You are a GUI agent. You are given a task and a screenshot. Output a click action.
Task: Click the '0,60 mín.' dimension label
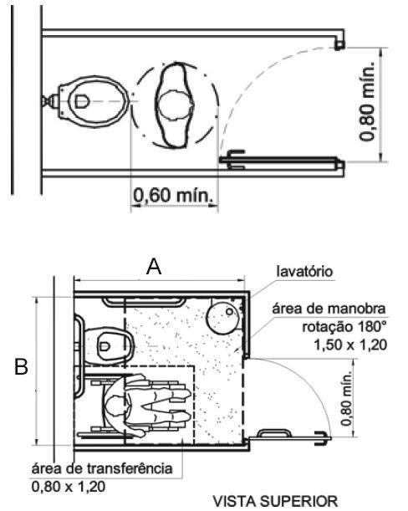[175, 195]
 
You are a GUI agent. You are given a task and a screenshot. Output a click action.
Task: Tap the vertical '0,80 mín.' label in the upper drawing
[367, 100]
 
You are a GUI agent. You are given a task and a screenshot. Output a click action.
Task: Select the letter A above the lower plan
[154, 267]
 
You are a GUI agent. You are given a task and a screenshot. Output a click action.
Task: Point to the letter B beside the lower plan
[22, 366]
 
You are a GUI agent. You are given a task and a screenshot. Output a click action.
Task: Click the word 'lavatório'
[304, 271]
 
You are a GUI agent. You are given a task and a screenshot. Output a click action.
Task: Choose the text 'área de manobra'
[329, 309]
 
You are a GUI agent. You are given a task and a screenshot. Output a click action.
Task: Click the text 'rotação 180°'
[344, 326]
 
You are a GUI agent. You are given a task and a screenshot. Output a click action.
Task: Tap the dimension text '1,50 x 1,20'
[350, 345]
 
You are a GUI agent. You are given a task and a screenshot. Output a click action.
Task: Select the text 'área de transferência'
[102, 468]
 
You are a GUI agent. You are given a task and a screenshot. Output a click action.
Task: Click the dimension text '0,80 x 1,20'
[69, 487]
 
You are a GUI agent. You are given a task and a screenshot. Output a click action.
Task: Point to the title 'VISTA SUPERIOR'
[275, 501]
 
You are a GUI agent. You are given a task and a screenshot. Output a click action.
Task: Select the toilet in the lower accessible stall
[110, 346]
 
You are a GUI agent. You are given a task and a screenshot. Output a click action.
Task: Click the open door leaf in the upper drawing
[282, 160]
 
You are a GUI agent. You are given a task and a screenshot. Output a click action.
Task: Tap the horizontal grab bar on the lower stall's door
[274, 432]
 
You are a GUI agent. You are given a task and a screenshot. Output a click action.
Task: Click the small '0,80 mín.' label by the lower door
[346, 398]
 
